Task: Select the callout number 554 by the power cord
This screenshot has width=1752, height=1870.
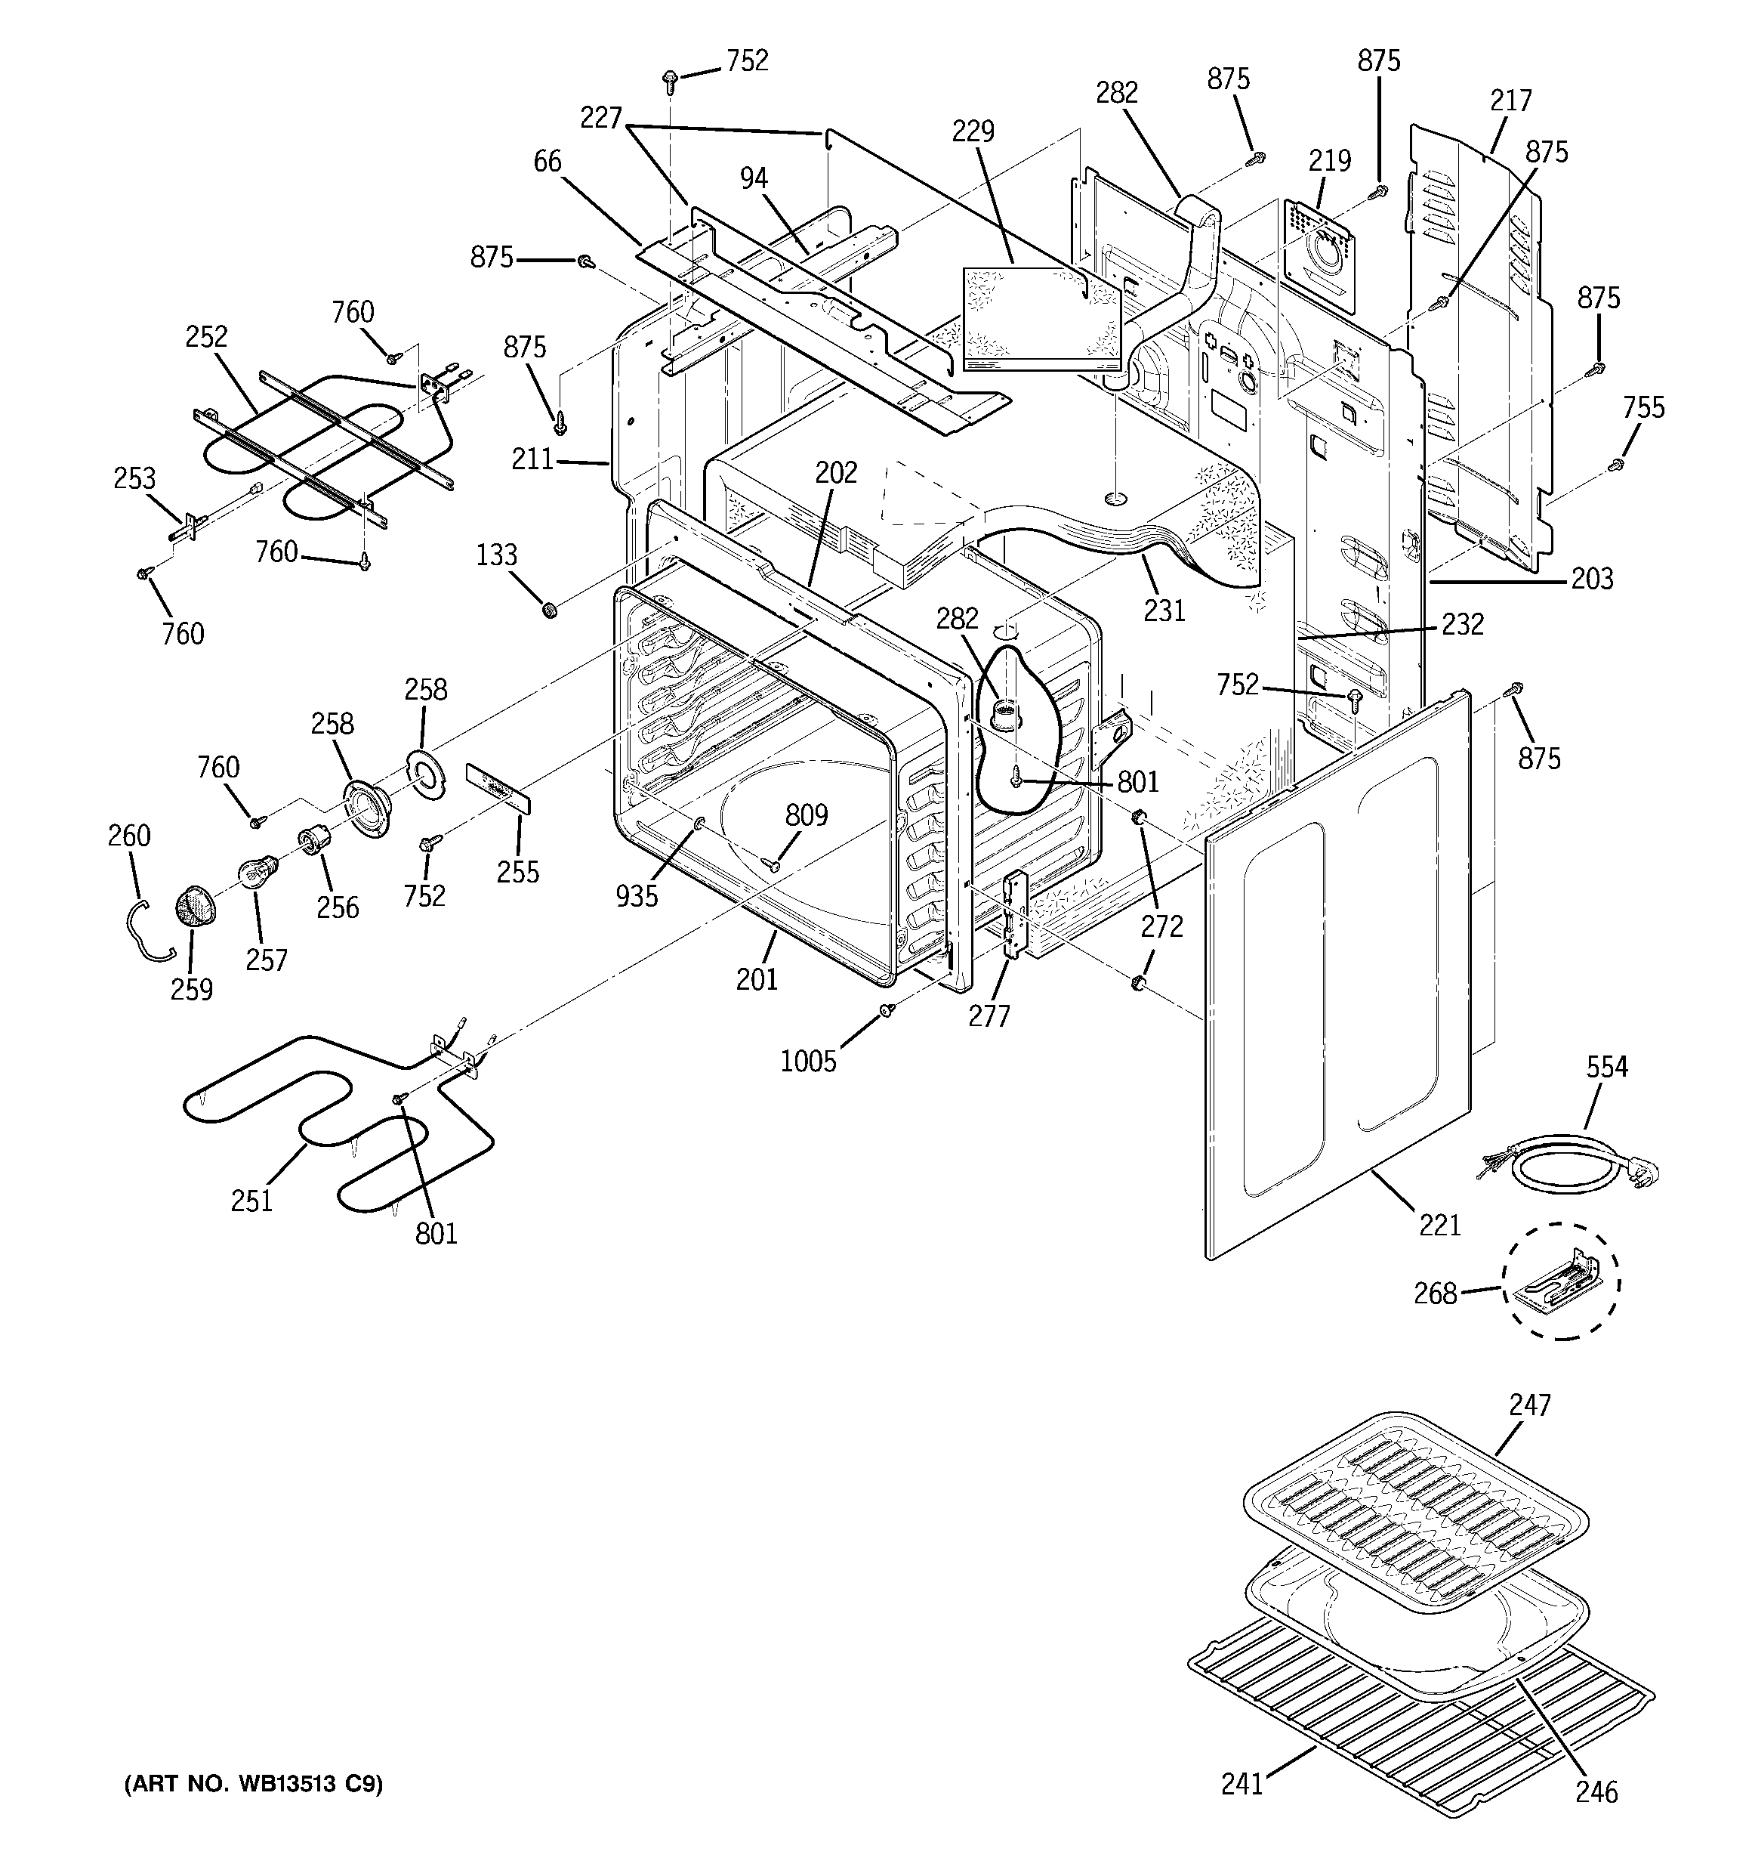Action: [1606, 1067]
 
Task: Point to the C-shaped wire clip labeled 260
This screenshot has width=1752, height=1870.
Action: [145, 932]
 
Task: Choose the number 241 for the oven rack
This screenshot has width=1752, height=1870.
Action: [1242, 1785]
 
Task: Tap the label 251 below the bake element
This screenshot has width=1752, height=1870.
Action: [251, 1201]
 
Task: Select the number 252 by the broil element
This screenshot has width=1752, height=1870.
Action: [206, 337]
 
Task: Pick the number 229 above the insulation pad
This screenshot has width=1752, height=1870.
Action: [973, 131]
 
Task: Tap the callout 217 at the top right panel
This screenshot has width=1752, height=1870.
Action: [1510, 100]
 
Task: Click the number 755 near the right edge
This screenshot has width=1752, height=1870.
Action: [1643, 407]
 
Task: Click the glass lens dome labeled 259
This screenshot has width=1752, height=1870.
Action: [195, 910]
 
